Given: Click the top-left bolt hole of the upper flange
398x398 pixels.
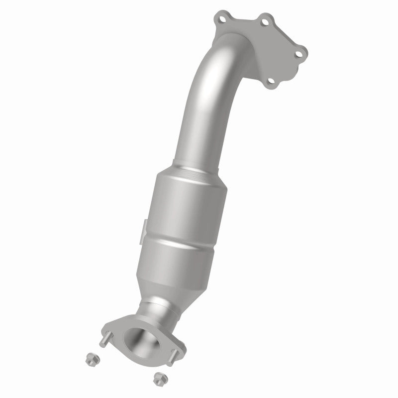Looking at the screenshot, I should pos(219,20).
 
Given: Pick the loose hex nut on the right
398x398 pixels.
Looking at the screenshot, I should pos(159,376).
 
